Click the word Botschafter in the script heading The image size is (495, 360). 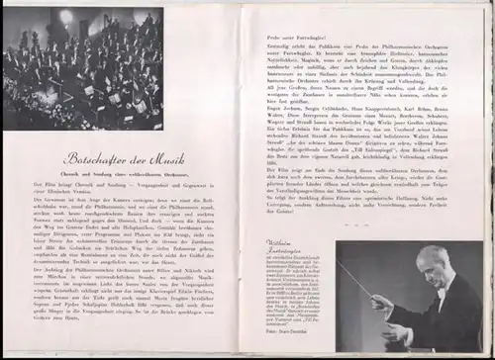click(x=94, y=157)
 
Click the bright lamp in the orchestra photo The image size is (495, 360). click(x=67, y=17)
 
